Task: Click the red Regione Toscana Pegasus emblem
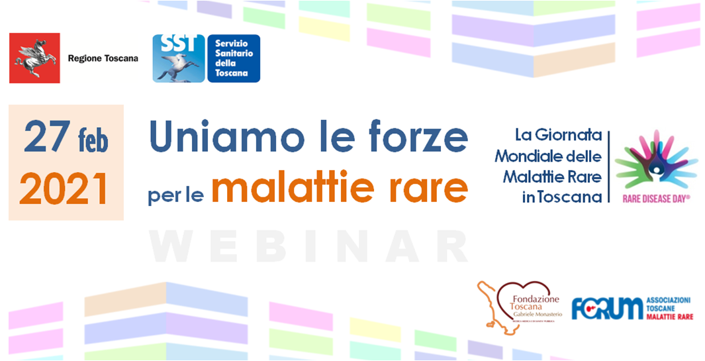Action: (x=34, y=58)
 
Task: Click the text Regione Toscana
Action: (x=103, y=58)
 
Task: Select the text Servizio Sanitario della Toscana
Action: (x=232, y=58)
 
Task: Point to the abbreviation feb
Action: (x=92, y=141)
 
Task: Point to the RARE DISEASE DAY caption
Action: (x=656, y=197)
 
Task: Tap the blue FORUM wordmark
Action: (x=606, y=309)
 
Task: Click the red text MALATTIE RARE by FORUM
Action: (x=669, y=318)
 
